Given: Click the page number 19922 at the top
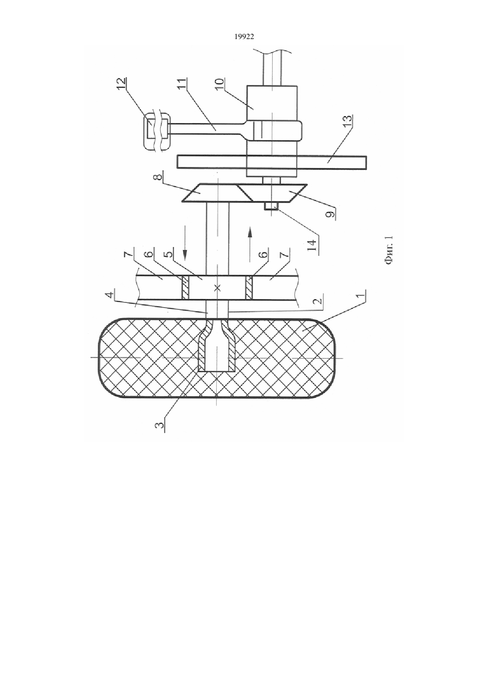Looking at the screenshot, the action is [244, 37].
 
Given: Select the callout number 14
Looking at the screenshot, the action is [313, 246].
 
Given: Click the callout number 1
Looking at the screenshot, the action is [363, 296].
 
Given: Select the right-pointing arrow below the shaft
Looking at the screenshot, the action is [250, 244].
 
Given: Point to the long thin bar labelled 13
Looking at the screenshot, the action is [272, 162].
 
